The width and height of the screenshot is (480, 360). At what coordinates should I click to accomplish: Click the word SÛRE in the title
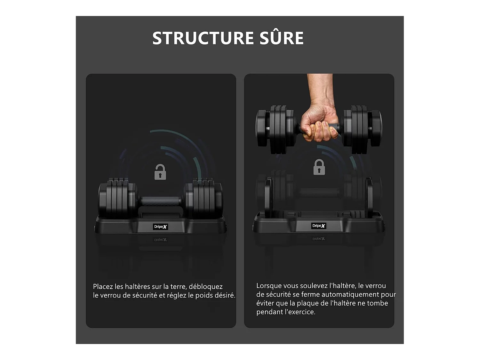[x=282, y=38]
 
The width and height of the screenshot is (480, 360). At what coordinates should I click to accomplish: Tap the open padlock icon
[x=160, y=172]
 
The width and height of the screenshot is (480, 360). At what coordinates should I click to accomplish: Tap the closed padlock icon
[x=319, y=167]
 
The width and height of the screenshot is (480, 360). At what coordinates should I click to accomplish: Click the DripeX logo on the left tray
[x=160, y=227]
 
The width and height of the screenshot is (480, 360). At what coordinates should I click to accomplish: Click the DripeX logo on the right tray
[x=319, y=226]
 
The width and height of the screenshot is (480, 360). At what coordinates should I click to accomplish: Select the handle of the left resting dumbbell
[x=161, y=202]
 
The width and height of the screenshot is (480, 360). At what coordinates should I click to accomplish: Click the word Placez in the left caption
[x=103, y=287]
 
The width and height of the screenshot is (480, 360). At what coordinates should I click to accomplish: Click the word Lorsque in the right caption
[x=268, y=286]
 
